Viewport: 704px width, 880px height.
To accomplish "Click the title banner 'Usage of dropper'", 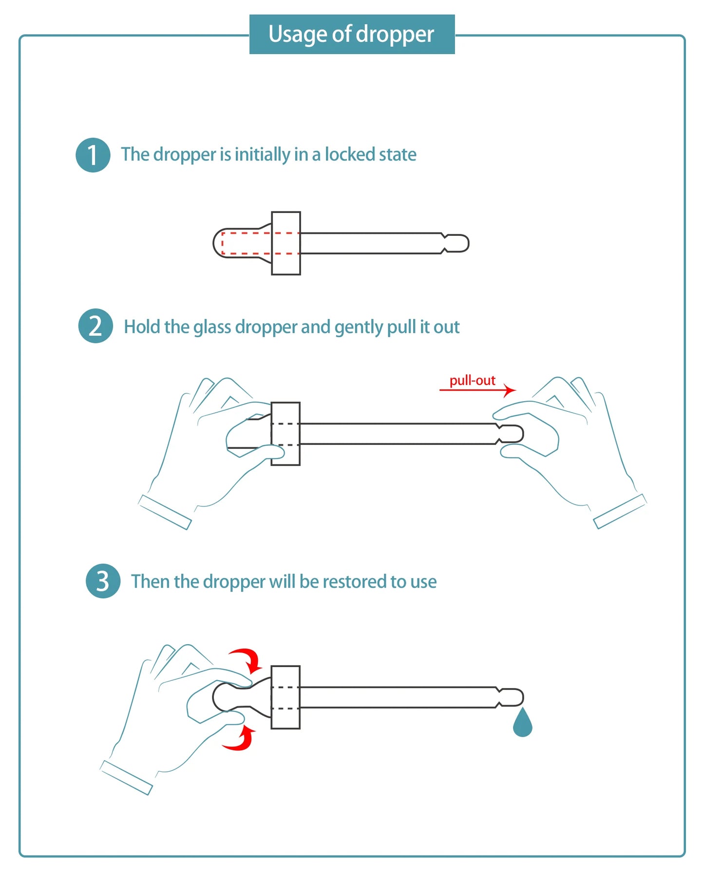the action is click(352, 34).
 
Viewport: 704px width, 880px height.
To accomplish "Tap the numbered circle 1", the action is click(93, 155).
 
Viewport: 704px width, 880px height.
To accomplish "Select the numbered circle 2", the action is click(95, 326).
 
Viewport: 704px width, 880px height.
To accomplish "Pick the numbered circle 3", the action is click(103, 581).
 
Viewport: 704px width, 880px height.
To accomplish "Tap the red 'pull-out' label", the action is click(472, 380).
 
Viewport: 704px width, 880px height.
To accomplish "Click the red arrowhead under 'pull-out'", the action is click(510, 390).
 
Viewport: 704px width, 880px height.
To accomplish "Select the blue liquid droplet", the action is click(522, 723).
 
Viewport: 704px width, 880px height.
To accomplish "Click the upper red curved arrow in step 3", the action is click(247, 659).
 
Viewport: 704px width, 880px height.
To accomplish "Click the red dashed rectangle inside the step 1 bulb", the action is click(260, 244).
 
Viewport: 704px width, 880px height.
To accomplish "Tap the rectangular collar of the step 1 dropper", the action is click(286, 243).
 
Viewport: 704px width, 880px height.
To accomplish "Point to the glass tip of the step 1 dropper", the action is click(457, 243).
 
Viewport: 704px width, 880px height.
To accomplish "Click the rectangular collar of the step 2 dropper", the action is click(285, 434).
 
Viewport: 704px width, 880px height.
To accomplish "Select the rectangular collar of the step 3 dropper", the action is click(285, 697).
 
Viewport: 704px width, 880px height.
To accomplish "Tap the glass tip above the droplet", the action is click(511, 697).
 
